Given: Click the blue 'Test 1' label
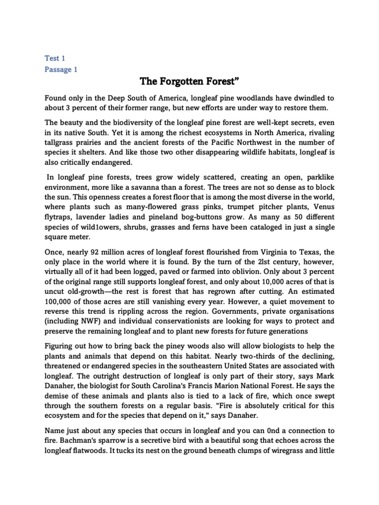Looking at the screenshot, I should coord(55,58).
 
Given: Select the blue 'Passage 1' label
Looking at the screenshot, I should coord(61,70).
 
